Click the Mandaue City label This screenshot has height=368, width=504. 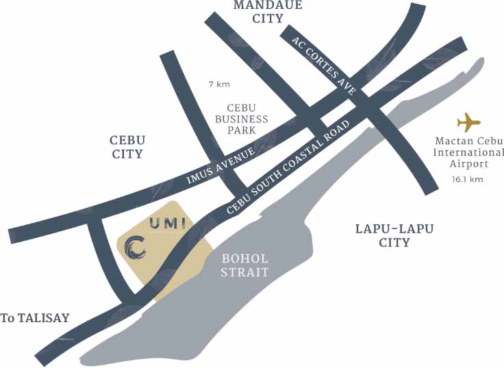(x=258, y=12)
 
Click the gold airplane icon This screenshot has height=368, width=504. (x=469, y=123)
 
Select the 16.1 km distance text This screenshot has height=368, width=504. (x=468, y=179)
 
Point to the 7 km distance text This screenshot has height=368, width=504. (x=219, y=84)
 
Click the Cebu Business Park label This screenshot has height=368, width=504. (x=247, y=119)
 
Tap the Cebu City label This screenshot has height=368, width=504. (x=127, y=146)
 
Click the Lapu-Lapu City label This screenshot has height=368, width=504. (x=394, y=235)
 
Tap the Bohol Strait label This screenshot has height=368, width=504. (x=246, y=265)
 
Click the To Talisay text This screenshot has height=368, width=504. (x=36, y=318)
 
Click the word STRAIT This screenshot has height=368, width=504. (x=246, y=272)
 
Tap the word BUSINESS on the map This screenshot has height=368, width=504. (x=247, y=119)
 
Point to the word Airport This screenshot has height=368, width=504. (x=470, y=164)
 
